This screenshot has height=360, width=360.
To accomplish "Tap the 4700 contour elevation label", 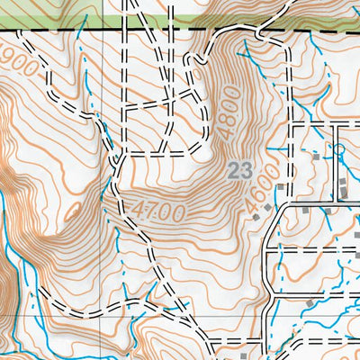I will coord(161,212).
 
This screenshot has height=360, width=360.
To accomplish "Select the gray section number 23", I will coord(238,169).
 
